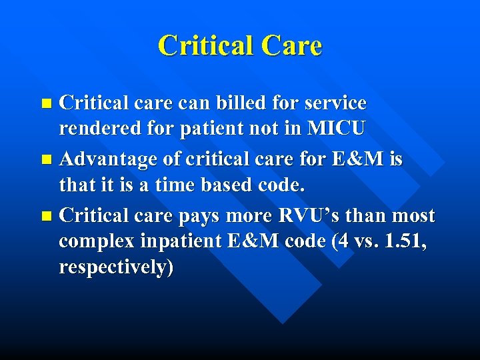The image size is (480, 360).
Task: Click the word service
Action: pos(333,103)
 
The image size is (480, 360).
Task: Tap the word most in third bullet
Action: pos(413,216)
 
